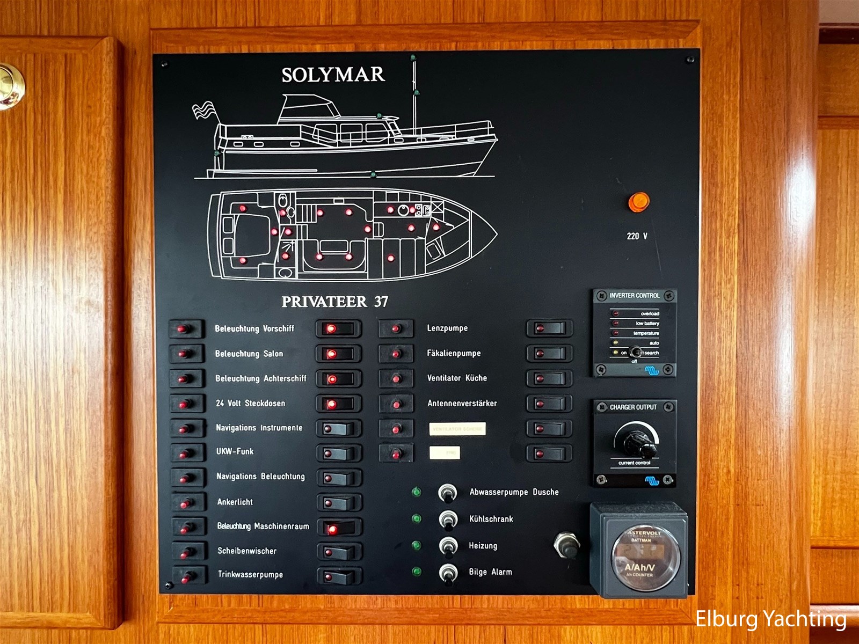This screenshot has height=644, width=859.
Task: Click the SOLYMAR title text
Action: [x=333, y=75]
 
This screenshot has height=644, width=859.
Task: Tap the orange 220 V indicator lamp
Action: [x=638, y=202]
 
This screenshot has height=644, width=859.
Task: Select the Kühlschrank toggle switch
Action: [x=447, y=519]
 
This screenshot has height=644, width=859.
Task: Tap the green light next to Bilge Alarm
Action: [x=416, y=572]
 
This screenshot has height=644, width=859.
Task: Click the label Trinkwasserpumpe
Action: [x=250, y=574]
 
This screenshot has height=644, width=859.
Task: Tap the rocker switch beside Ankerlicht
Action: [x=338, y=503]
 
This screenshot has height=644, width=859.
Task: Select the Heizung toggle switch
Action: [x=447, y=546]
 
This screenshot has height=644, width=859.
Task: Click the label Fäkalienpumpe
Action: [x=454, y=353]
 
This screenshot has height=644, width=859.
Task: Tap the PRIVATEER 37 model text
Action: [x=334, y=302]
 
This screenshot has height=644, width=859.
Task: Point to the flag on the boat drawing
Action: [x=205, y=111]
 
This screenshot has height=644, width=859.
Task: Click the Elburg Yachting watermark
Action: [x=771, y=619]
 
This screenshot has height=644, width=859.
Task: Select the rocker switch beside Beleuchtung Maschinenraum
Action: [x=338, y=528]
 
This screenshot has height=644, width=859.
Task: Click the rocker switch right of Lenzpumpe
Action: [x=549, y=328]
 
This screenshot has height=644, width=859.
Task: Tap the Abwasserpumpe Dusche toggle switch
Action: [x=447, y=492]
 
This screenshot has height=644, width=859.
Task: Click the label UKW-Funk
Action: [x=235, y=451]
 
